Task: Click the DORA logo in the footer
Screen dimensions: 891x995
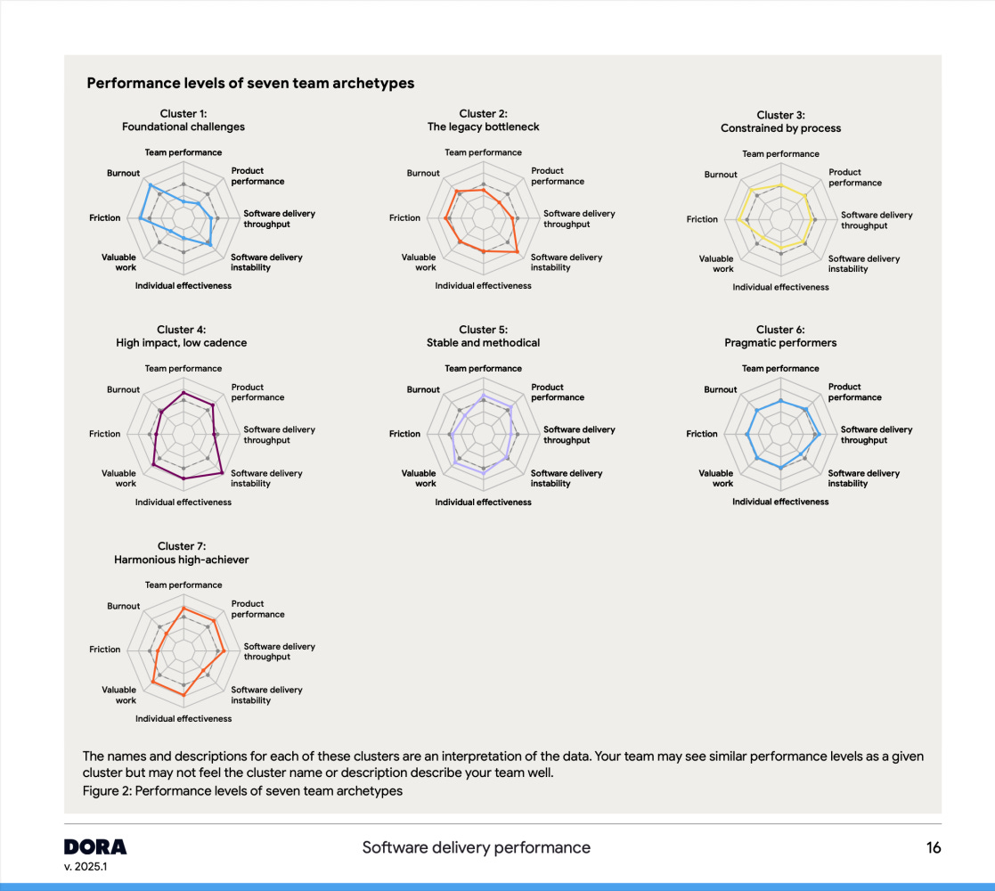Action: (95, 846)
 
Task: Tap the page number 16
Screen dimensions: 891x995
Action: (933, 847)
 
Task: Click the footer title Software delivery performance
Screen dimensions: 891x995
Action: (476, 847)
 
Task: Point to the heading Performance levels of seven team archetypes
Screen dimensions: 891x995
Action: (250, 84)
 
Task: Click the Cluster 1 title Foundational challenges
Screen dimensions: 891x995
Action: (183, 127)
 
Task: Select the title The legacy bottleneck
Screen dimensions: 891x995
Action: (483, 127)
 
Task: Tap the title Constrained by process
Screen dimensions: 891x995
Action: (780, 127)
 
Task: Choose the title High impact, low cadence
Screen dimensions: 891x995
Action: (182, 343)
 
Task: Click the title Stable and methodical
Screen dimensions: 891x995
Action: (483, 343)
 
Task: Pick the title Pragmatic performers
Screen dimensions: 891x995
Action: (780, 343)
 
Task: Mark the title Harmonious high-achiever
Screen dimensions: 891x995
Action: (182, 560)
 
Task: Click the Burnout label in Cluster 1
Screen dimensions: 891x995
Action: (124, 173)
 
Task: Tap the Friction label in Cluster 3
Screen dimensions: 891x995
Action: (702, 219)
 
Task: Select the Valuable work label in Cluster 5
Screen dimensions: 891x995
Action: (420, 478)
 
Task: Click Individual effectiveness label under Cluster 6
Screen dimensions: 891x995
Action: (780, 502)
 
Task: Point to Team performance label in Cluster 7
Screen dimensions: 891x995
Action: (184, 585)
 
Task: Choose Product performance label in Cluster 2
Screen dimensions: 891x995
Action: (558, 176)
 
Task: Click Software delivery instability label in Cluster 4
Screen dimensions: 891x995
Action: (267, 478)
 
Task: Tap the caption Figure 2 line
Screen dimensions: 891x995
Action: (242, 791)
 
